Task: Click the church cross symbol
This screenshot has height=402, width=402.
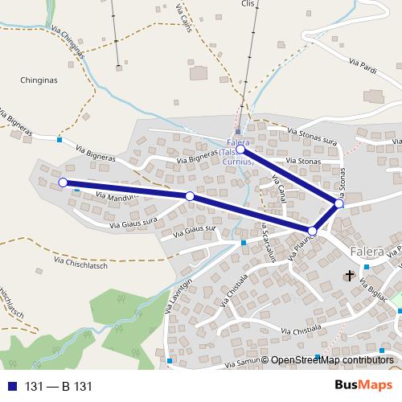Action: point(349,276)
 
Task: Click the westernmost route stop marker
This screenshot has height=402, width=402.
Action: point(64,183)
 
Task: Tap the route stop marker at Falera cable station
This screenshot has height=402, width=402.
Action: point(240,150)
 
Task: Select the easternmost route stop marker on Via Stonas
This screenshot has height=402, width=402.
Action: point(339,204)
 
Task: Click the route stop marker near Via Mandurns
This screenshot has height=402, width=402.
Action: point(190,196)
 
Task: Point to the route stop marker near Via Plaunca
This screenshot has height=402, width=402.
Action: point(313,231)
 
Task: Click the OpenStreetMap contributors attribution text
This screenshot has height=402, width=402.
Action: point(334,360)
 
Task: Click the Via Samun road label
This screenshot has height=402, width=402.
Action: point(247,363)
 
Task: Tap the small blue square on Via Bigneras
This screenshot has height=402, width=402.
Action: point(59,140)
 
